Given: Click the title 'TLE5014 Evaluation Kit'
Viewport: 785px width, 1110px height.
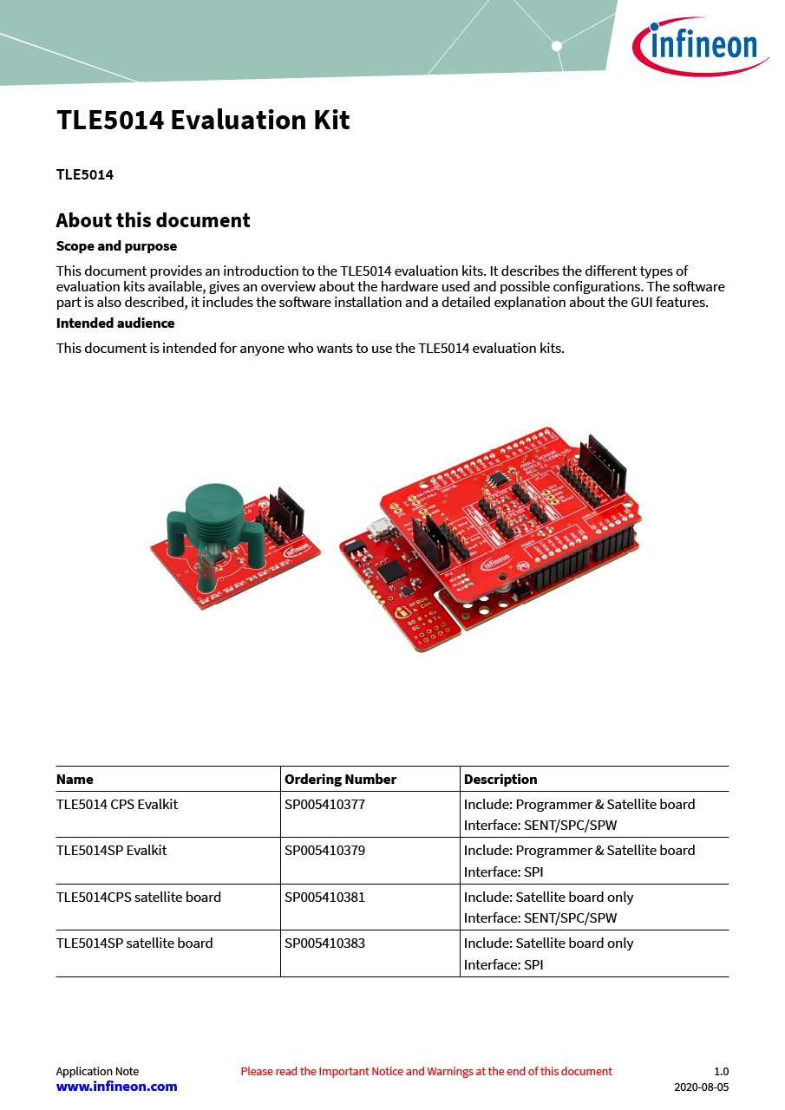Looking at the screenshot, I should tap(203, 121).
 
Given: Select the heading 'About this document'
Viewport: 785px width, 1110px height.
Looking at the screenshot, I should tap(153, 220).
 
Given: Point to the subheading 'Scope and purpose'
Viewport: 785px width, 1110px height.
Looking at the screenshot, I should tap(116, 246).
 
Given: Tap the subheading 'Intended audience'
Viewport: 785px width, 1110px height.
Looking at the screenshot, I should tap(115, 323).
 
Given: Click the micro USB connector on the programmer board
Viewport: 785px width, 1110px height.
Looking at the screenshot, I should tap(378, 526).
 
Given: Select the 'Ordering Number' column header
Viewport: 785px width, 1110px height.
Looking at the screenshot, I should tap(340, 779).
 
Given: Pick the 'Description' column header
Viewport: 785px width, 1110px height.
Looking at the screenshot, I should tap(500, 779).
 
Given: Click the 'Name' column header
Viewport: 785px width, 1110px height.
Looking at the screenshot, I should tap(75, 779).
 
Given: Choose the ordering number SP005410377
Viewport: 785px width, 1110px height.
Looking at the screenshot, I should tap(324, 804).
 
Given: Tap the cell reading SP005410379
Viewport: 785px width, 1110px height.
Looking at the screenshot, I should tap(324, 850).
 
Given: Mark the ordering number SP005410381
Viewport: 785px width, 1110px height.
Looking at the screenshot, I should tap(324, 897).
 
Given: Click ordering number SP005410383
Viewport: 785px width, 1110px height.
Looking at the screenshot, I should tap(324, 943).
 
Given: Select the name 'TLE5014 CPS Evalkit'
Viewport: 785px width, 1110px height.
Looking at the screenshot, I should tap(117, 804).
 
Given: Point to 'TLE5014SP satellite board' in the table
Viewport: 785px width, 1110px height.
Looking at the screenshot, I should tap(134, 943).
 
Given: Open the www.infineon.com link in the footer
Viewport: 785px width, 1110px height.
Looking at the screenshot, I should tap(116, 1087).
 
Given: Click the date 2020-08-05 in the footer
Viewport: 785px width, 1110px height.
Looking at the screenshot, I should tap(701, 1087).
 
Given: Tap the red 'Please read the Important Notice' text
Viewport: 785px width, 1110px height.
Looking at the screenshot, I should tap(426, 1071).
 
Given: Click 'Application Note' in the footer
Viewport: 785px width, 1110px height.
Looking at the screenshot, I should tap(97, 1071).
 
